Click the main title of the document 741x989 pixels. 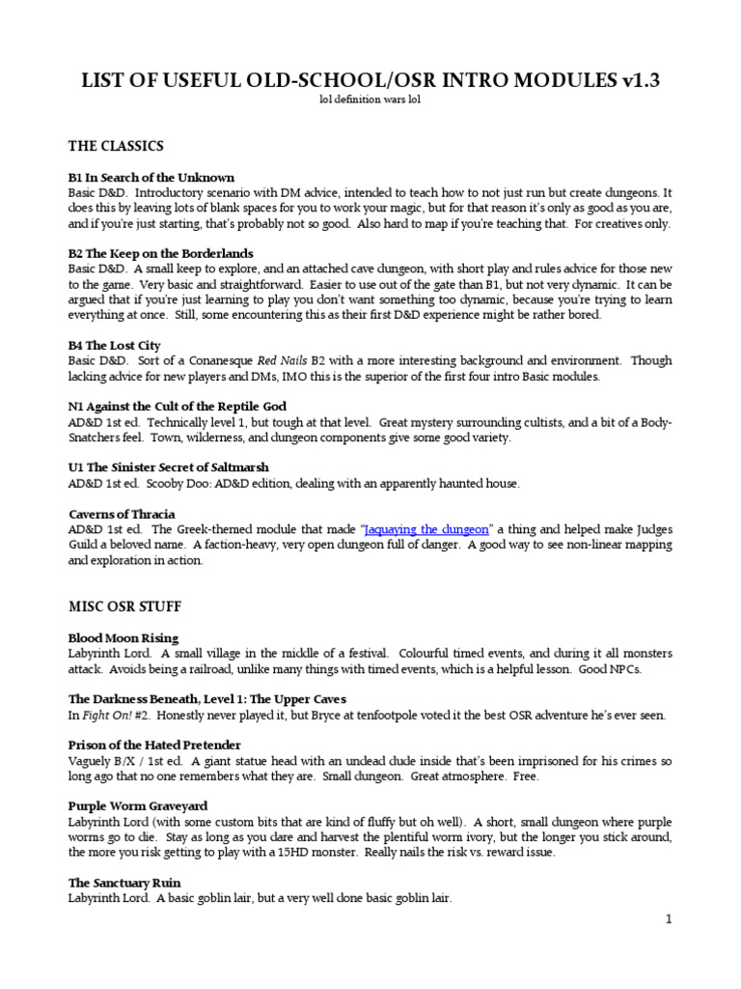370,81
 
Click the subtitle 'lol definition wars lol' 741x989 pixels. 370,100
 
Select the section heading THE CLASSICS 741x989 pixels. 116,146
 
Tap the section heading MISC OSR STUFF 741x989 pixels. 125,607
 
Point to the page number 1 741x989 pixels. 668,919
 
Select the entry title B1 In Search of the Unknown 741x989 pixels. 151,178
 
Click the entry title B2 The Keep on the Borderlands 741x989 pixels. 162,252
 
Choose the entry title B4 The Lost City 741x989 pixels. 115,345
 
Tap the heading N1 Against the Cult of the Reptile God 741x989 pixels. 178,407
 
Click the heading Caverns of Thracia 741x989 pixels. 122,514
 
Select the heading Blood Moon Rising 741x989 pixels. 123,638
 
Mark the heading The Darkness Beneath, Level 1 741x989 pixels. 207,698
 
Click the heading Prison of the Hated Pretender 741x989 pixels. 154,745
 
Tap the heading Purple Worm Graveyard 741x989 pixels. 138,805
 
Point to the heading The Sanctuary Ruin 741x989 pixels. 124,883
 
